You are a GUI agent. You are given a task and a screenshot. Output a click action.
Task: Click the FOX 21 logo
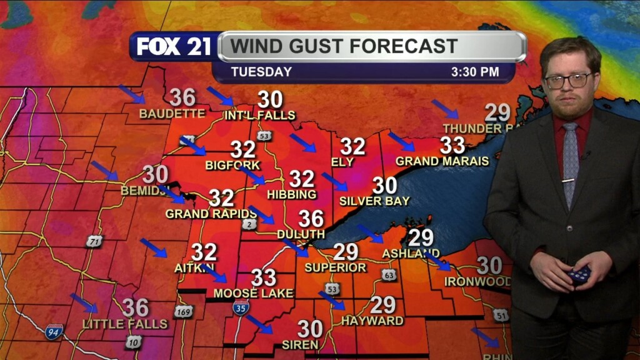pyautogui.click(x=174, y=47)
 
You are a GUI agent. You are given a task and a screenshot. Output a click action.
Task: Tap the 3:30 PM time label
pyautogui.click(x=475, y=72)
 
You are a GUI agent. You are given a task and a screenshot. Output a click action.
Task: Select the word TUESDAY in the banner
pyautogui.click(x=261, y=72)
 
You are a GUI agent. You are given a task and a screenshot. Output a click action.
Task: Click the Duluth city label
pyautogui.click(x=301, y=234)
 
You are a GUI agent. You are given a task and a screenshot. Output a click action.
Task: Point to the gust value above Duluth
pyautogui.click(x=311, y=219)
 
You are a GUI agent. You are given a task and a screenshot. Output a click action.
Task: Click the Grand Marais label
pyautogui.click(x=442, y=161)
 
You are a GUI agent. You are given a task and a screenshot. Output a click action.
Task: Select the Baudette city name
pyautogui.click(x=172, y=114)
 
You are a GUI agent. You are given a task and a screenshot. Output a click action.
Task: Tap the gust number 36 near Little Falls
pyautogui.click(x=135, y=307)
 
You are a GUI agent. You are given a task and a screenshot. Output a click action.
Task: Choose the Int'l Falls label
pyautogui.click(x=260, y=116)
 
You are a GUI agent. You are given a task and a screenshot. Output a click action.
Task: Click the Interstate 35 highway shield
pyautogui.click(x=241, y=307)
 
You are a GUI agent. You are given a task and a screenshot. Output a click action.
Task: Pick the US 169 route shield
pyautogui.click(x=183, y=311)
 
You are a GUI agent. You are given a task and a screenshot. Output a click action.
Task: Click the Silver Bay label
pyautogui.click(x=374, y=201)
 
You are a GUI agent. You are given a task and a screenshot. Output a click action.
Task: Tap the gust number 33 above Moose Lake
pyautogui.click(x=264, y=276)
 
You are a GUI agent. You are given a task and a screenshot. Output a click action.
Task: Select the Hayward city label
pyautogui.click(x=372, y=321)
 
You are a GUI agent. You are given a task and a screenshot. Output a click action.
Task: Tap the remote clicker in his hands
pyautogui.click(x=580, y=274)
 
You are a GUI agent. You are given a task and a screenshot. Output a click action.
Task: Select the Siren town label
pyautogui.click(x=300, y=344)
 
